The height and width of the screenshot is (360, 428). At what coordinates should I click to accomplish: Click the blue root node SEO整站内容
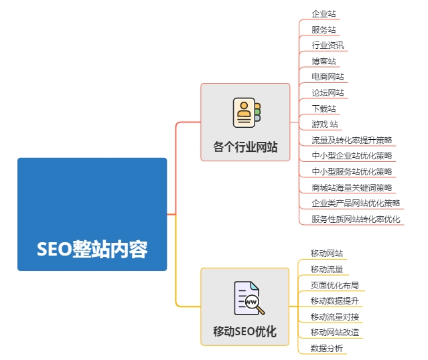pos(92,214)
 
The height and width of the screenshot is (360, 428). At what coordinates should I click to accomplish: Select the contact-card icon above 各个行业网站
pos(246,112)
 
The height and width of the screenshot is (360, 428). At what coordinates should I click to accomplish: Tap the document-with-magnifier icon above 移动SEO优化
pos(249,298)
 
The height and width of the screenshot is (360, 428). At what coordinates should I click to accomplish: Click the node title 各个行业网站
pos(245,147)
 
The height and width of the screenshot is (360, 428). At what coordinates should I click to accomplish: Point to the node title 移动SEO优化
pos(245,331)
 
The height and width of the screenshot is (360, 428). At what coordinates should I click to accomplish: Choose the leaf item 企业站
pos(324,13)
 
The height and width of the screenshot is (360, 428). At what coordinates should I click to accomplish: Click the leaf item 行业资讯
pos(328,46)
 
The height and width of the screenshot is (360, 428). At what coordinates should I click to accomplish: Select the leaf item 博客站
pos(324,61)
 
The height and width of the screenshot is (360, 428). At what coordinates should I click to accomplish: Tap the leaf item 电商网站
pos(328,77)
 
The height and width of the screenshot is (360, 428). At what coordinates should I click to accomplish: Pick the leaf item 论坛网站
pos(328,93)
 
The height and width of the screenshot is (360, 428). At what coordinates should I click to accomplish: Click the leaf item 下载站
pos(324,108)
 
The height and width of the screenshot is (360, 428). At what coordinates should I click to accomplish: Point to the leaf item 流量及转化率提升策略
pos(352,140)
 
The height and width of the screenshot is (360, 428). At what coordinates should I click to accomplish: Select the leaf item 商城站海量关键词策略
pos(352,187)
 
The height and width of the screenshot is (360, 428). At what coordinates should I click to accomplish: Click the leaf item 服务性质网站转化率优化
pos(356,219)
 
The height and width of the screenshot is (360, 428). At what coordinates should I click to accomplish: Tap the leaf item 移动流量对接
pos(335,317)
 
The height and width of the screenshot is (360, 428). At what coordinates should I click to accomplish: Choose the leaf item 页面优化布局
pos(335,285)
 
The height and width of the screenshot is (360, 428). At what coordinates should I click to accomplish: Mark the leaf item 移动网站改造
pos(335,333)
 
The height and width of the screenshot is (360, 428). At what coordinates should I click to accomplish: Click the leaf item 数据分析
pos(327,348)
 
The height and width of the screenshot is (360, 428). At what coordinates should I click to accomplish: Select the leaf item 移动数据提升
pos(335,301)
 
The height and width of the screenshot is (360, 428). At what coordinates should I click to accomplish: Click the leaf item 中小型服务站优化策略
pos(352,171)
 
